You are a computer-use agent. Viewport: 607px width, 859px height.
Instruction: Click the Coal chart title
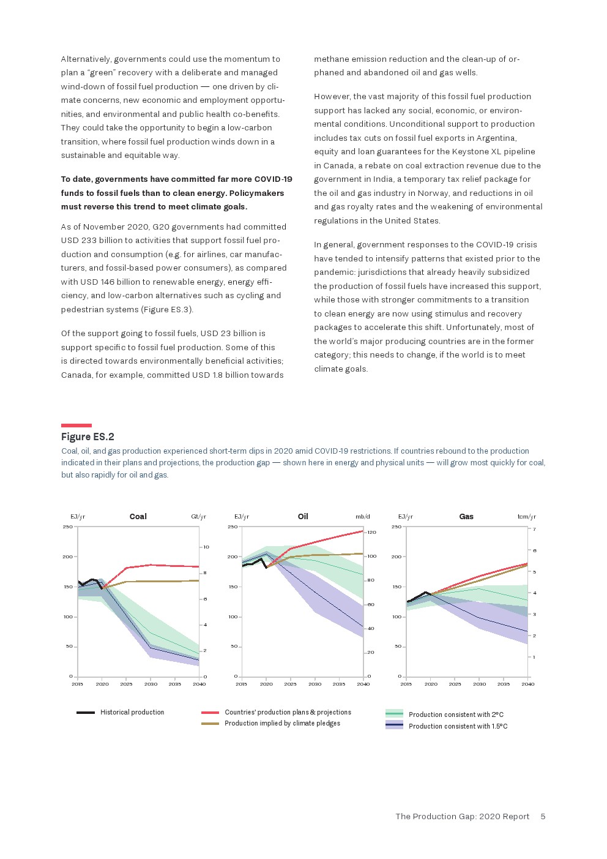pyautogui.click(x=138, y=517)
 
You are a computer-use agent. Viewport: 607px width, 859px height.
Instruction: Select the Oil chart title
pyautogui.click(x=303, y=517)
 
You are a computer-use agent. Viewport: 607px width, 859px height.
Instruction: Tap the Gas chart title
pyautogui.click(x=466, y=517)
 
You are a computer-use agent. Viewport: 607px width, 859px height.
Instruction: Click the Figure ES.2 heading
pyautogui.click(x=88, y=437)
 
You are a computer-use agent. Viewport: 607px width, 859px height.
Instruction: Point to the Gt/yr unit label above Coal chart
pyautogui.click(x=198, y=517)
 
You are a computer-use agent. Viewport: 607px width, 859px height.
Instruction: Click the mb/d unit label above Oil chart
pyautogui.click(x=363, y=517)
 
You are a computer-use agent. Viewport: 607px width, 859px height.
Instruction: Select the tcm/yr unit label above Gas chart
pyautogui.click(x=526, y=517)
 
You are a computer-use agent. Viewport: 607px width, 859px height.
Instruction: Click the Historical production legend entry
pyautogui.click(x=132, y=713)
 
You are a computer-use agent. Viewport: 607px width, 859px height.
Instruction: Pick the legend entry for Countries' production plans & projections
pyautogui.click(x=288, y=713)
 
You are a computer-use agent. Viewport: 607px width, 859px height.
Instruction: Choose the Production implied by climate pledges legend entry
pyautogui.click(x=282, y=724)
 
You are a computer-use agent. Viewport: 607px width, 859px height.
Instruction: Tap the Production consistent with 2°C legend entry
pyautogui.click(x=456, y=715)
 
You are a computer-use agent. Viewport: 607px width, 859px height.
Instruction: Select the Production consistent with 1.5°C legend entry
pyautogui.click(x=458, y=726)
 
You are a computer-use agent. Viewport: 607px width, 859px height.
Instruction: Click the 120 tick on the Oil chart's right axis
pyautogui.click(x=371, y=533)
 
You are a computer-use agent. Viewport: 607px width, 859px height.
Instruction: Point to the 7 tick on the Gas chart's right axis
pyautogui.click(x=534, y=530)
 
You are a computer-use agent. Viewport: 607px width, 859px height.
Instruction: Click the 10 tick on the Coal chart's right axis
pyautogui.click(x=206, y=547)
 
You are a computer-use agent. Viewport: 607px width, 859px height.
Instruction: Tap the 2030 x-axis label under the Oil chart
pyautogui.click(x=315, y=684)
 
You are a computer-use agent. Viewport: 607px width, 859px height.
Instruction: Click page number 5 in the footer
pyautogui.click(x=543, y=817)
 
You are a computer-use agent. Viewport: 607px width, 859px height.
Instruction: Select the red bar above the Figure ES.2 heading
pyautogui.click(x=76, y=426)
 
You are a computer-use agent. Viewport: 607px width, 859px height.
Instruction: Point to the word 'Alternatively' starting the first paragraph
pyautogui.click(x=86, y=59)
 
